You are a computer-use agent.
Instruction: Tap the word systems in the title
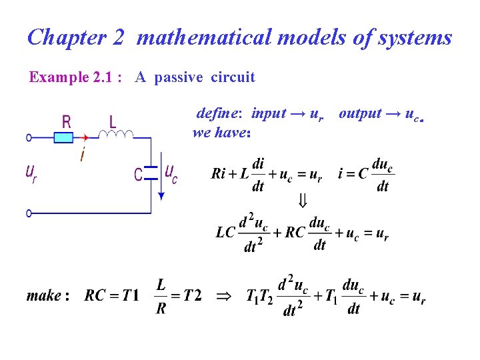coord(415,37)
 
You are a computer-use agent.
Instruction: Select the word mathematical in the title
coord(204,37)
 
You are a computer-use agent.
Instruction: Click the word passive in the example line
coord(178,77)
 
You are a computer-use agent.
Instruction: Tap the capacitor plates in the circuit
coord(151,171)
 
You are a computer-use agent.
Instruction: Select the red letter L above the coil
coord(112,121)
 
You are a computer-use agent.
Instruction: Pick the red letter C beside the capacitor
coord(138,175)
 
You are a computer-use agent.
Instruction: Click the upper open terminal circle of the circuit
coord(29,138)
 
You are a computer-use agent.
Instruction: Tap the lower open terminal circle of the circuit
coord(29,213)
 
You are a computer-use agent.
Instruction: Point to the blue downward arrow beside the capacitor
coord(161,183)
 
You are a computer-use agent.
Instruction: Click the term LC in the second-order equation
coord(225,233)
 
